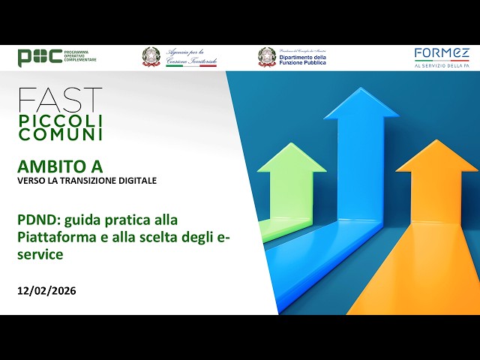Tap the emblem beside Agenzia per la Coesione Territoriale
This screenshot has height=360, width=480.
151,57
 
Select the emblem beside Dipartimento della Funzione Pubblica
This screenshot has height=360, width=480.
267,57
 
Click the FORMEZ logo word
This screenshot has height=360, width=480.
442,53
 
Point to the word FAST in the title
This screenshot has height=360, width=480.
60,100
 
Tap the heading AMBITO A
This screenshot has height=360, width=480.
60,166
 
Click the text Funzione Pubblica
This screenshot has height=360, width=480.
302,63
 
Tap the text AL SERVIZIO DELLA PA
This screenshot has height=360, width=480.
442,66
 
